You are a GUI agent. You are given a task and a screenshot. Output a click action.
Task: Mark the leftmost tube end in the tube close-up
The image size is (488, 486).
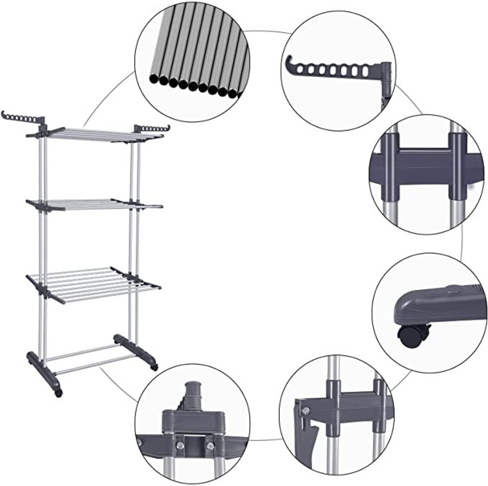153,79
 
